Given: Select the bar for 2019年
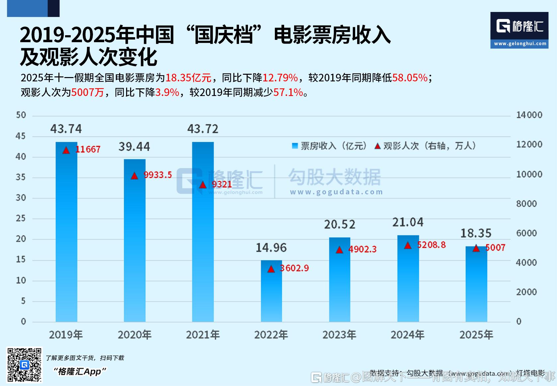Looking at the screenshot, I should click(66, 233).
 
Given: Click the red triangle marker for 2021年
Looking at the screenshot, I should click(203, 185).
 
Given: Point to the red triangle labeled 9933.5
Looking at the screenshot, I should click(134, 176).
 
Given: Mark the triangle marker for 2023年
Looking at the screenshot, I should click(339, 250).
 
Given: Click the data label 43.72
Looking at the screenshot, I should click(203, 129).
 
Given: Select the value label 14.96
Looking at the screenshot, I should click(271, 247).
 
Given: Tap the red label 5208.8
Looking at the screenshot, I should click(431, 245).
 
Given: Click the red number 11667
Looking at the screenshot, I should click(88, 149).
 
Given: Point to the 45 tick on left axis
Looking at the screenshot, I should click(21, 136).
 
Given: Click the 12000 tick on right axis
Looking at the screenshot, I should click(529, 145).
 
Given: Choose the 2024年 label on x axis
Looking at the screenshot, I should click(408, 335).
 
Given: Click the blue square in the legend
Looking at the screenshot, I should click(295, 146).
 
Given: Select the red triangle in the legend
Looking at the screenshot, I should click(377, 146).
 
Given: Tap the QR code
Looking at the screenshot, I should click(25, 365).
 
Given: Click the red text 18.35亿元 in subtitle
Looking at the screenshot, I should click(188, 78).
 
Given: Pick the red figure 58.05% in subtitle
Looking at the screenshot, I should click(410, 78).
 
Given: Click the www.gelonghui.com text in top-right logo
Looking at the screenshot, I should click(520, 44).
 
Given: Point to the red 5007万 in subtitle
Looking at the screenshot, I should click(88, 92).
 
